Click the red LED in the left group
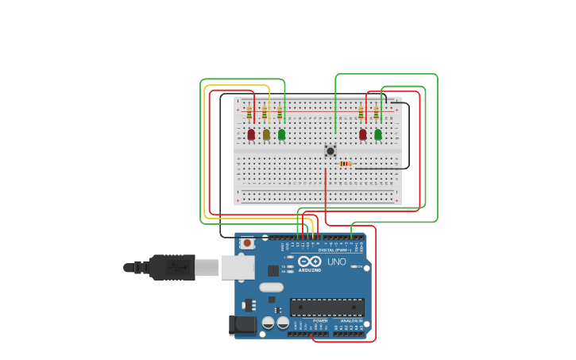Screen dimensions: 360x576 tap(251, 134)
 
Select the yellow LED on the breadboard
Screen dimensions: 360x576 tap(266, 134)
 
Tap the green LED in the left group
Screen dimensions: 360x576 tap(281, 134)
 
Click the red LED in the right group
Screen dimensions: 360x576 tap(363, 134)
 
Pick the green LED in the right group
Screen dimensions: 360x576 tap(378, 134)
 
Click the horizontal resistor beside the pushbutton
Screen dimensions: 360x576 tap(345, 164)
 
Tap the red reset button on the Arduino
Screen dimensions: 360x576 tap(247, 243)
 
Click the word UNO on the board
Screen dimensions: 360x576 tap(337, 261)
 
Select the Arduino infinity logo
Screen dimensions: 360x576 tap(310, 261)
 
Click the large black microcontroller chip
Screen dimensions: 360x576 tap(327, 308)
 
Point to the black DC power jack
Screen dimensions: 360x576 tap(242, 324)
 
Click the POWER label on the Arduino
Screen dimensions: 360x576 tap(319, 320)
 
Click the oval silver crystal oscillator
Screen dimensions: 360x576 tap(271, 288)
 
